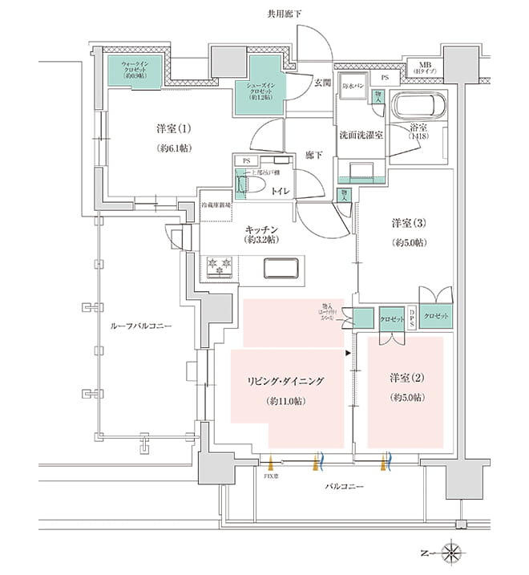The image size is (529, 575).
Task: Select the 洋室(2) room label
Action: pyautogui.click(x=406, y=378)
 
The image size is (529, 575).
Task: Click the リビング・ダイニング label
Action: pyautogui.click(x=286, y=381)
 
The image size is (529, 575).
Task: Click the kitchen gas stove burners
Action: pyautogui.click(x=219, y=266)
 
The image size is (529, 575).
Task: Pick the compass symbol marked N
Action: pyautogui.click(x=454, y=553)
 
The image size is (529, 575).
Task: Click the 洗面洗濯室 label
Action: pyautogui.click(x=360, y=136)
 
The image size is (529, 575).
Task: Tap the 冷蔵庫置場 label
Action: pyautogui.click(x=216, y=205)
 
